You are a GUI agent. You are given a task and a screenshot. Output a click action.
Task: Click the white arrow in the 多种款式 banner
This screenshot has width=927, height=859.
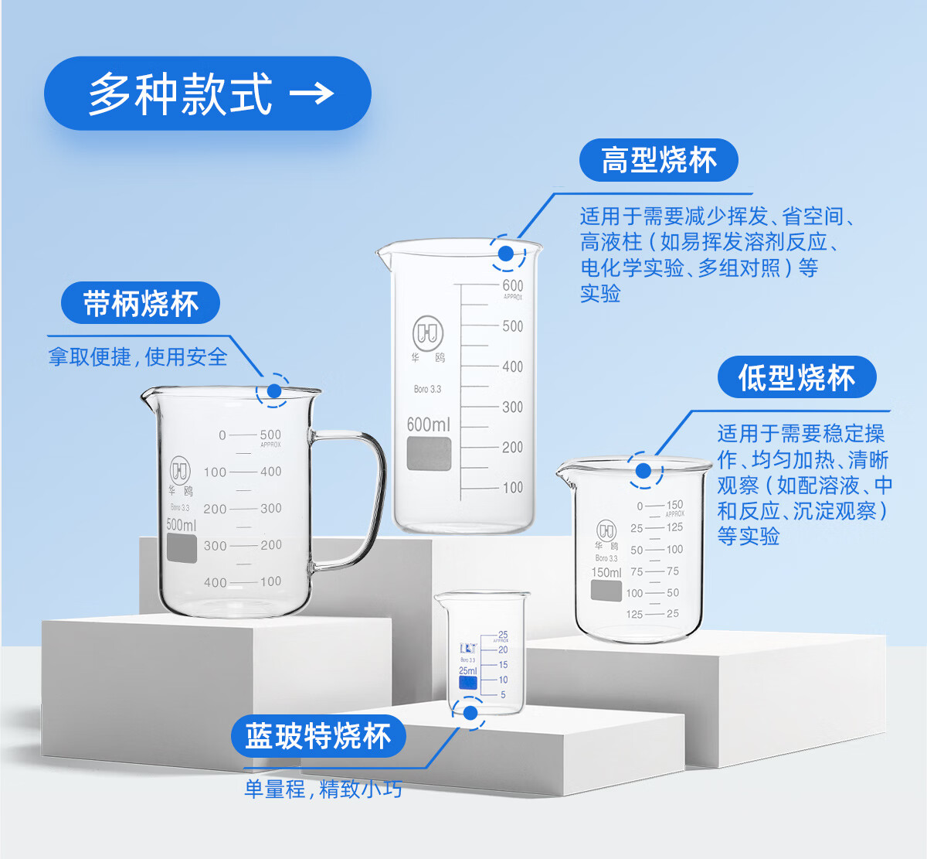(x=311, y=94)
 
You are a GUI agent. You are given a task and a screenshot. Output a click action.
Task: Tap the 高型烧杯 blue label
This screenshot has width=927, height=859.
(x=659, y=161)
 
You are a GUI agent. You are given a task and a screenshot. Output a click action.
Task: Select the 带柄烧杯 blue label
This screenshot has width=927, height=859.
(x=141, y=303)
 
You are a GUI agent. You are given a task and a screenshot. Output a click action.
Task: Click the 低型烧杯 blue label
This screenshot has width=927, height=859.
(x=796, y=377)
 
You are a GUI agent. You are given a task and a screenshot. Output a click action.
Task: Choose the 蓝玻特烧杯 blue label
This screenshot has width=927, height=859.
(x=318, y=736)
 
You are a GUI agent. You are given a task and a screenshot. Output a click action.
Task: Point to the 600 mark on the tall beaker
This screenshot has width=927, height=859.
(x=512, y=285)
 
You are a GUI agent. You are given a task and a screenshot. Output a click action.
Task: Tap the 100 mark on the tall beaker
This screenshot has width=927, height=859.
(x=512, y=487)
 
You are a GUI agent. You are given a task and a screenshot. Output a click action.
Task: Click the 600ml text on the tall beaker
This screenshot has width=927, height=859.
(x=428, y=424)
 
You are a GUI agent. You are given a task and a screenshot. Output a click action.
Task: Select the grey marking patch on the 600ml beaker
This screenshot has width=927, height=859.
(x=429, y=454)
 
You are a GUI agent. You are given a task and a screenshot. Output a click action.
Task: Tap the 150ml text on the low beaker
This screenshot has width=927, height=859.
(x=606, y=573)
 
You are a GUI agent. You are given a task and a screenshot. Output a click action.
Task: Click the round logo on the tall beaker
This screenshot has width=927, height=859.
(x=427, y=333)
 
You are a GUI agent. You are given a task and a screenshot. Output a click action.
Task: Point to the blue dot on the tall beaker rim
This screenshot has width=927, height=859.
(x=506, y=253)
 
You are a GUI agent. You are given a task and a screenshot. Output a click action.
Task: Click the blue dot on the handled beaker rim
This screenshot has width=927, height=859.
(x=274, y=390)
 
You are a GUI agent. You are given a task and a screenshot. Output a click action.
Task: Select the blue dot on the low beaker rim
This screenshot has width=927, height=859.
(x=644, y=470)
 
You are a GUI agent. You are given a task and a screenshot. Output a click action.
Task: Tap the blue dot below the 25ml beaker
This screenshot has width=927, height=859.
(x=470, y=712)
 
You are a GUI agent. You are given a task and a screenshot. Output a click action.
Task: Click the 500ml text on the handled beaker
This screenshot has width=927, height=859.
(x=182, y=525)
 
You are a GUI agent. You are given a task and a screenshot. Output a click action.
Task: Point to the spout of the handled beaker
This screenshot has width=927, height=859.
(x=147, y=397)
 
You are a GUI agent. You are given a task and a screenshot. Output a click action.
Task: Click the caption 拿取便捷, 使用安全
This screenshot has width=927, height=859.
(x=138, y=357)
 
